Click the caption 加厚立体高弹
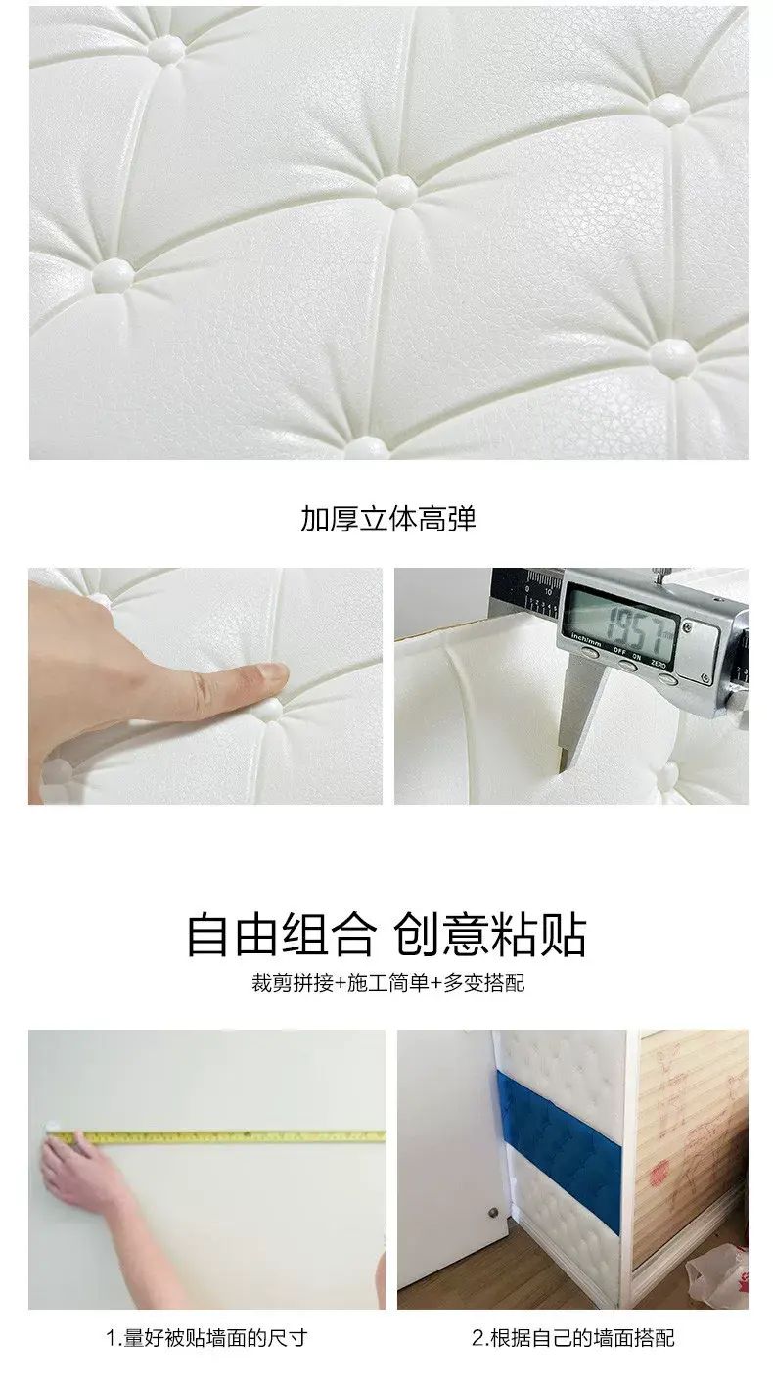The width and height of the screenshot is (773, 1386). point(388,519)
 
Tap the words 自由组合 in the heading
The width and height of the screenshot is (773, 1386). point(282,935)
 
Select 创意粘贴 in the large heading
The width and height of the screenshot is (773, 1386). point(490,935)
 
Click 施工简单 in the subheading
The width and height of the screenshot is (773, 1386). point(388,983)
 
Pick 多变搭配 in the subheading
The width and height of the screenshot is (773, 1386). point(484,983)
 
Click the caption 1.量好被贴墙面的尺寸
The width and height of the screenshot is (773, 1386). point(206,1338)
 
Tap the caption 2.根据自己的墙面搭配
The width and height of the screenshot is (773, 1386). point(573,1338)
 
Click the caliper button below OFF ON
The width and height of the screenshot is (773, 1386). point(628,666)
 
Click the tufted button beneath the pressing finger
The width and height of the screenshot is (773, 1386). point(270,711)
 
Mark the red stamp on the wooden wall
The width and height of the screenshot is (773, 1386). point(660,1171)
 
